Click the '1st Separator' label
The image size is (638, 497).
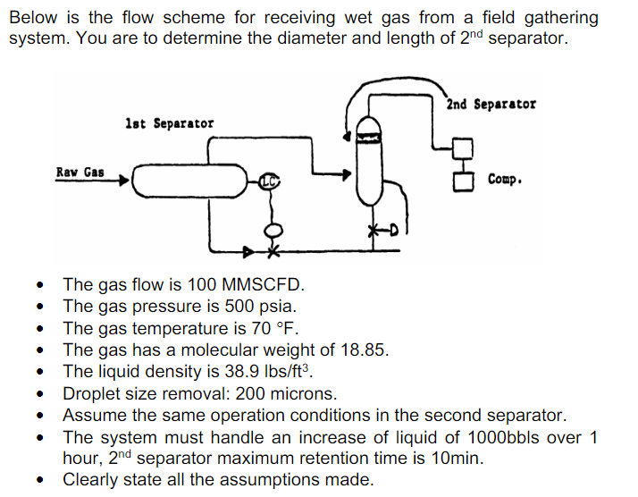169,122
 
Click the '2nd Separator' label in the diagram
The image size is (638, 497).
491,104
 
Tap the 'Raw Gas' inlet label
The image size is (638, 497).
80,172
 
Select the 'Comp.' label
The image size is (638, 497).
505,179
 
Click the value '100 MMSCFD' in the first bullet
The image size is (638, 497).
246,285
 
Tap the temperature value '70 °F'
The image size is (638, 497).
266,328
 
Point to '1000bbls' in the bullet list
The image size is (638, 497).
522,437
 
